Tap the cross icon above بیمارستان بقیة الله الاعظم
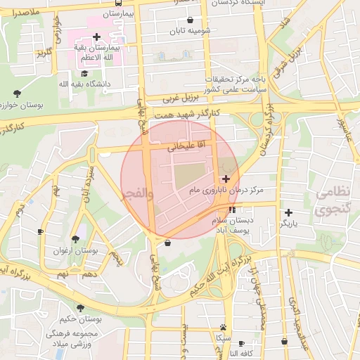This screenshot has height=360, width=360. pyautogui.click(x=96, y=37)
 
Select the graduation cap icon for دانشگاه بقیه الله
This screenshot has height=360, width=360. pyautogui.click(x=84, y=73)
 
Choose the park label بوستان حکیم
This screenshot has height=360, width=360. pyautogui.click(x=82, y=320)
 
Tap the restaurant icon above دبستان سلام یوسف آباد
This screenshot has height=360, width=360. pyautogui.click(x=232, y=210)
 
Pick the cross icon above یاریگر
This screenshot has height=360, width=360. pyautogui.click(x=288, y=212)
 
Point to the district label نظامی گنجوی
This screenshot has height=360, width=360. pyautogui.click(x=331, y=201)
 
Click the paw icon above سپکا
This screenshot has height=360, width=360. pyautogui.click(x=223, y=327)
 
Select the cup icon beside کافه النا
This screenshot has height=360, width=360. pyautogui.click(x=241, y=343)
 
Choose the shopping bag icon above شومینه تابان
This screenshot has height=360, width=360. pyautogui.click(x=191, y=20)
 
